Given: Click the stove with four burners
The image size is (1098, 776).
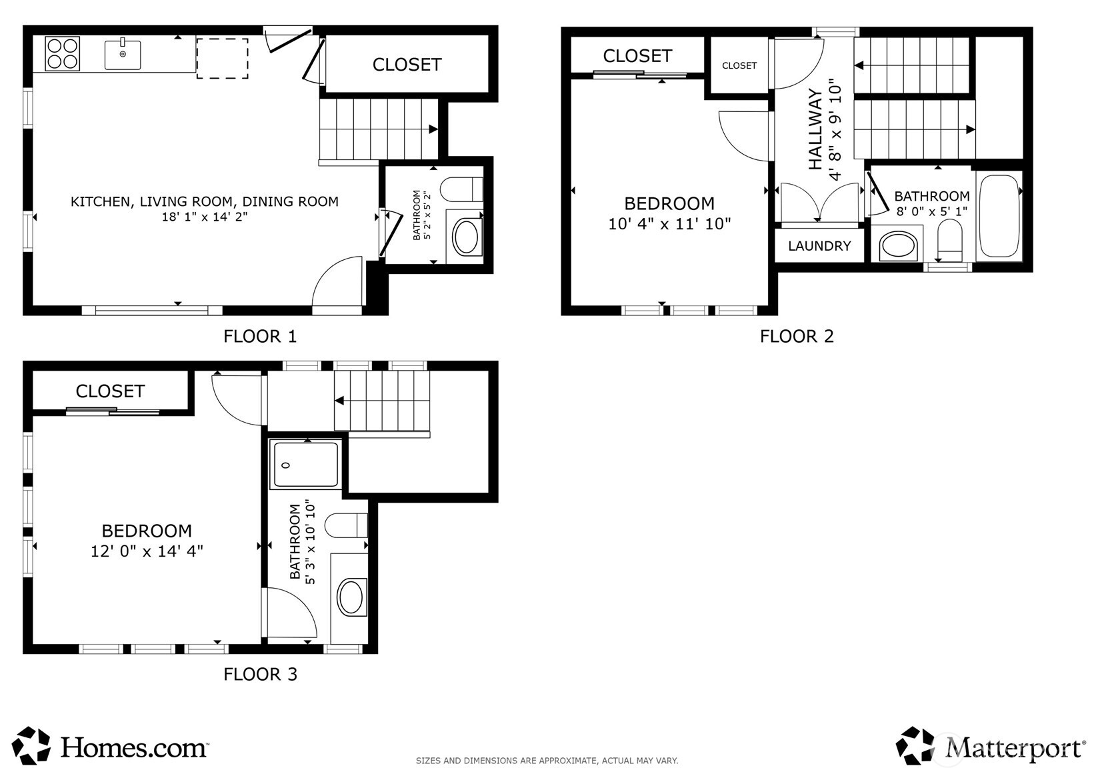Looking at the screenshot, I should click(x=63, y=53).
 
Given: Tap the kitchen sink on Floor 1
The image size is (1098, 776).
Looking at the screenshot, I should click(x=123, y=55).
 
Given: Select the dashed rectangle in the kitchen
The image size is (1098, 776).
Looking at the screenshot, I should click(x=222, y=59).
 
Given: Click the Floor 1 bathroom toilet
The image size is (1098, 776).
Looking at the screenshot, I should click(x=462, y=189).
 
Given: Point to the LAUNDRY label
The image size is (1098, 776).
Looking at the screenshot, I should click(x=819, y=246).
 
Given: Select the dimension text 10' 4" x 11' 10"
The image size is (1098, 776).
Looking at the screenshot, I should click(x=669, y=224).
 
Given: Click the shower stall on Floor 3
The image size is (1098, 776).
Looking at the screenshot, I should click(x=306, y=465).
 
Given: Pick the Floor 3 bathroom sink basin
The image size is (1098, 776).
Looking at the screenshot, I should click(x=351, y=596).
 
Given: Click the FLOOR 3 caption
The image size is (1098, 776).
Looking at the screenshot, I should click(x=260, y=674).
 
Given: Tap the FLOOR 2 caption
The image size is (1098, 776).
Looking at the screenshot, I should click(x=797, y=336).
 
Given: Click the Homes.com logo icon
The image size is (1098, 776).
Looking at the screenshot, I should click(x=32, y=745).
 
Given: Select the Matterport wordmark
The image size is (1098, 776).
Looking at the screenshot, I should click(x=1015, y=748).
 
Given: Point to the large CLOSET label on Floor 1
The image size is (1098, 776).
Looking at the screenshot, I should click(x=407, y=65).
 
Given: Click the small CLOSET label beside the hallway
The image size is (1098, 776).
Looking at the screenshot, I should click(x=739, y=65).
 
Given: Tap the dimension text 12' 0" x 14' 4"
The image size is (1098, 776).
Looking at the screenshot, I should click(x=147, y=551).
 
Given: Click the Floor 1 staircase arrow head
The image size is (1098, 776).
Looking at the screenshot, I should click(x=433, y=129).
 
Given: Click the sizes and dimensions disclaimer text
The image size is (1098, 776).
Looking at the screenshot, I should click(x=547, y=761).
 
